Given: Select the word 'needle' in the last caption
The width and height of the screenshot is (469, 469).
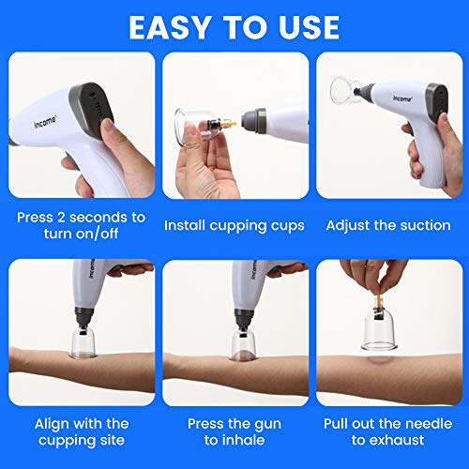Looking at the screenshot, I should [416, 423].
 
